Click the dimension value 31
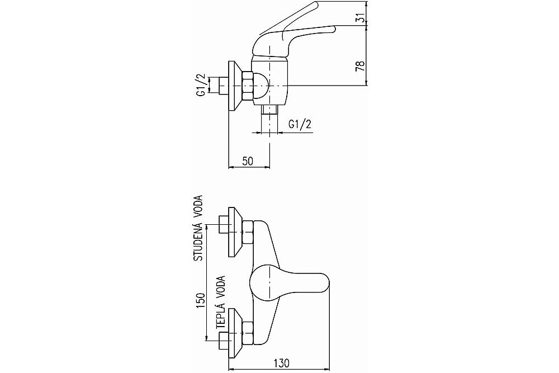pyautogui.click(x=362, y=17)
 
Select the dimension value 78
pyautogui.click(x=361, y=66)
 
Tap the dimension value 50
pyautogui.click(x=248, y=161)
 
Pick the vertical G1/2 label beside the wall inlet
pyautogui.click(x=201, y=85)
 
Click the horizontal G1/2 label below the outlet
pyautogui.click(x=300, y=124)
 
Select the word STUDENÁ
pyautogui.click(x=198, y=242)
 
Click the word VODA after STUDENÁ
pyautogui.click(x=198, y=206)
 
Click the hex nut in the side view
pyautogui.click(x=248, y=86)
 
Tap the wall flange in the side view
pyautogui.click(x=235, y=86)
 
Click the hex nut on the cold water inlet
pyautogui.click(x=248, y=232)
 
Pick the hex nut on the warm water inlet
pyautogui.click(x=248, y=334)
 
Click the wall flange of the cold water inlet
pyautogui.click(x=235, y=232)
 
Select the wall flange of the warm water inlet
pyautogui.click(x=235, y=334)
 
